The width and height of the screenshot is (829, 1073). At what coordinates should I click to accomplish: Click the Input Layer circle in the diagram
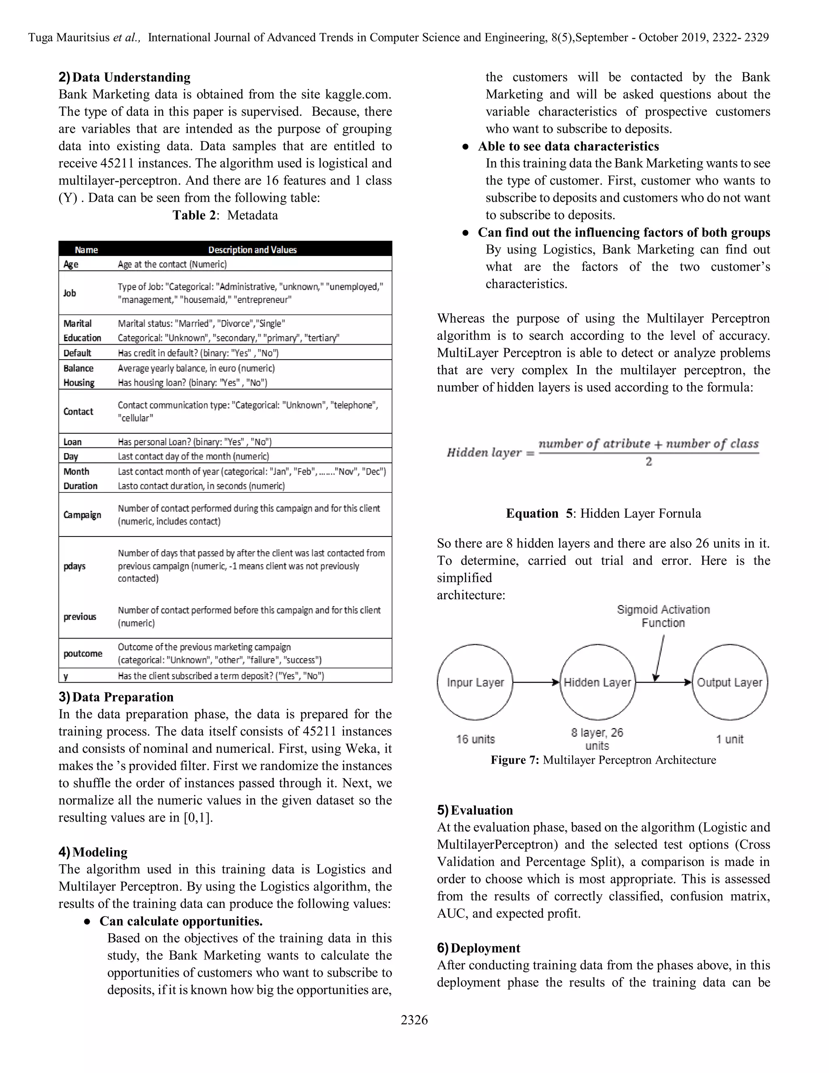point(475,682)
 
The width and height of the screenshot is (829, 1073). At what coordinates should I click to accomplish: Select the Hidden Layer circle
point(597,682)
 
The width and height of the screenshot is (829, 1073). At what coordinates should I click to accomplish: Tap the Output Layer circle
point(729,682)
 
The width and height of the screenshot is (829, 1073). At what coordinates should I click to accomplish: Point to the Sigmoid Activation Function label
point(663,616)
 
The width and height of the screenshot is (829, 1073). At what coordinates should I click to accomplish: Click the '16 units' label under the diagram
point(475,739)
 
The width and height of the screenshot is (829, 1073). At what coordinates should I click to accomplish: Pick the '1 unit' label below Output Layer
point(729,739)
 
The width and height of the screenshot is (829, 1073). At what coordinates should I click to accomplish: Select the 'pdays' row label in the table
point(74,566)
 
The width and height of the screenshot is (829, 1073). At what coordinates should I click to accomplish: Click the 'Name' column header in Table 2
point(87,249)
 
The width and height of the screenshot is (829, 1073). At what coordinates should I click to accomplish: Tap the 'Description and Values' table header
point(253,249)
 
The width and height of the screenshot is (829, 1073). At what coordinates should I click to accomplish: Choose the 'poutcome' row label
point(83,654)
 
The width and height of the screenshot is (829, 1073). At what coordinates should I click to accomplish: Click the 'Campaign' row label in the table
point(82,515)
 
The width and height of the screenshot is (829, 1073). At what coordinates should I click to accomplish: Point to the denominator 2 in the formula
point(648,461)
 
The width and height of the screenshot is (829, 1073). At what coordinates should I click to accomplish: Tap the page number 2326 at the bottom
point(414,1020)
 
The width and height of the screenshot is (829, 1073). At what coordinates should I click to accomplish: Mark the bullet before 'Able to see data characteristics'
point(465,147)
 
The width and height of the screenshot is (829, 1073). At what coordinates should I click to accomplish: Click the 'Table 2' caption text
point(194,215)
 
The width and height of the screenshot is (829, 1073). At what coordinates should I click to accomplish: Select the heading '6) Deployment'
point(478,948)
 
